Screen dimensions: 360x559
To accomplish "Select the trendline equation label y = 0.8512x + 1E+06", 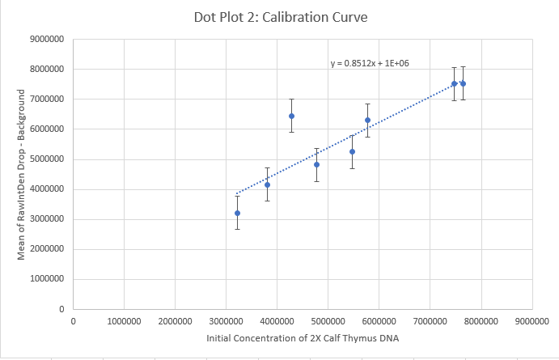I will (369, 62).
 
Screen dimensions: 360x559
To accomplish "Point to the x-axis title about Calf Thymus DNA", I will (303, 337).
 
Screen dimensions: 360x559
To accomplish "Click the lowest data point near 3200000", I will (237, 213).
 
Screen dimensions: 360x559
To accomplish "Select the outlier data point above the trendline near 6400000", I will (291, 116).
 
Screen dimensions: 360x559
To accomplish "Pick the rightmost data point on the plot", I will (463, 83).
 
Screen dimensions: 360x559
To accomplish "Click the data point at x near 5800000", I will (367, 120).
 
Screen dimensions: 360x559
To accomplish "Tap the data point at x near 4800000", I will (316, 164).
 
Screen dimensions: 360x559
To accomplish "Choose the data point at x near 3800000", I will (267, 184).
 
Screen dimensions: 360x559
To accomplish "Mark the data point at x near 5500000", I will (352, 151).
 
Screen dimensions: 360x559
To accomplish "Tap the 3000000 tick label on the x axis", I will (226, 321).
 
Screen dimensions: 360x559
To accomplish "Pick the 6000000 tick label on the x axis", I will (379, 321).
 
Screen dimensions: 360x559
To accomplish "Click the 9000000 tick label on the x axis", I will (531, 321).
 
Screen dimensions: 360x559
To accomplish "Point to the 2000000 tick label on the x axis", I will (175, 321).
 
